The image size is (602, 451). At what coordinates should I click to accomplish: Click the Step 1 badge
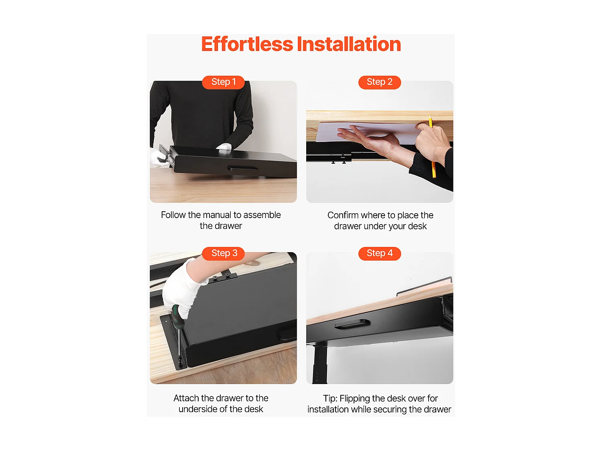point(223,82)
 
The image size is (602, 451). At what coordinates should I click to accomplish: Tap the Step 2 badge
point(379,82)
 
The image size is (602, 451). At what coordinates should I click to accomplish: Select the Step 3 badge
point(223,253)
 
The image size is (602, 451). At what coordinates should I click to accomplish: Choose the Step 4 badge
point(379,253)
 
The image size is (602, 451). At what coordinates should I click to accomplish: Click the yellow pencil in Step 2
point(432,146)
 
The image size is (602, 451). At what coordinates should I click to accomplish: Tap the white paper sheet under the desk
point(368,133)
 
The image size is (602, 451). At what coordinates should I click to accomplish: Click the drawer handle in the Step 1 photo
point(243,168)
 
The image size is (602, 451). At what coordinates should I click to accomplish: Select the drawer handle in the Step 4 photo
point(352,324)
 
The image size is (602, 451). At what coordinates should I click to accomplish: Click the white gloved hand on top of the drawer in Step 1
point(224,147)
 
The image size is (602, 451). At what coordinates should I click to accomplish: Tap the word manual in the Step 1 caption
point(217,215)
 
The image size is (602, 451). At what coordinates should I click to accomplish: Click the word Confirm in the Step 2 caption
point(343,215)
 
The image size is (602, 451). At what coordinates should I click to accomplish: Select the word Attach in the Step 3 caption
point(186,398)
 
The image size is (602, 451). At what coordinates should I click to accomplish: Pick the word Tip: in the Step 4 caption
point(330,398)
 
